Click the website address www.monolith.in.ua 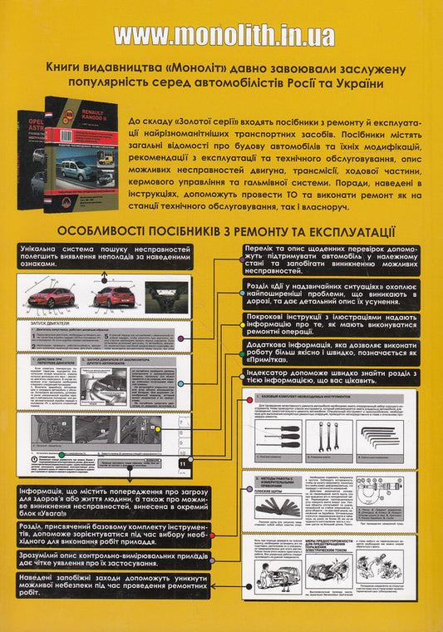tap(224, 36)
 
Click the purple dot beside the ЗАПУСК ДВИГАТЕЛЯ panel tap(181, 339)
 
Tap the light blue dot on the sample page tap(181, 383)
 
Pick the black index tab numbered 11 tap(182, 462)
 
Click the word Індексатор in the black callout tap(271, 373)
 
